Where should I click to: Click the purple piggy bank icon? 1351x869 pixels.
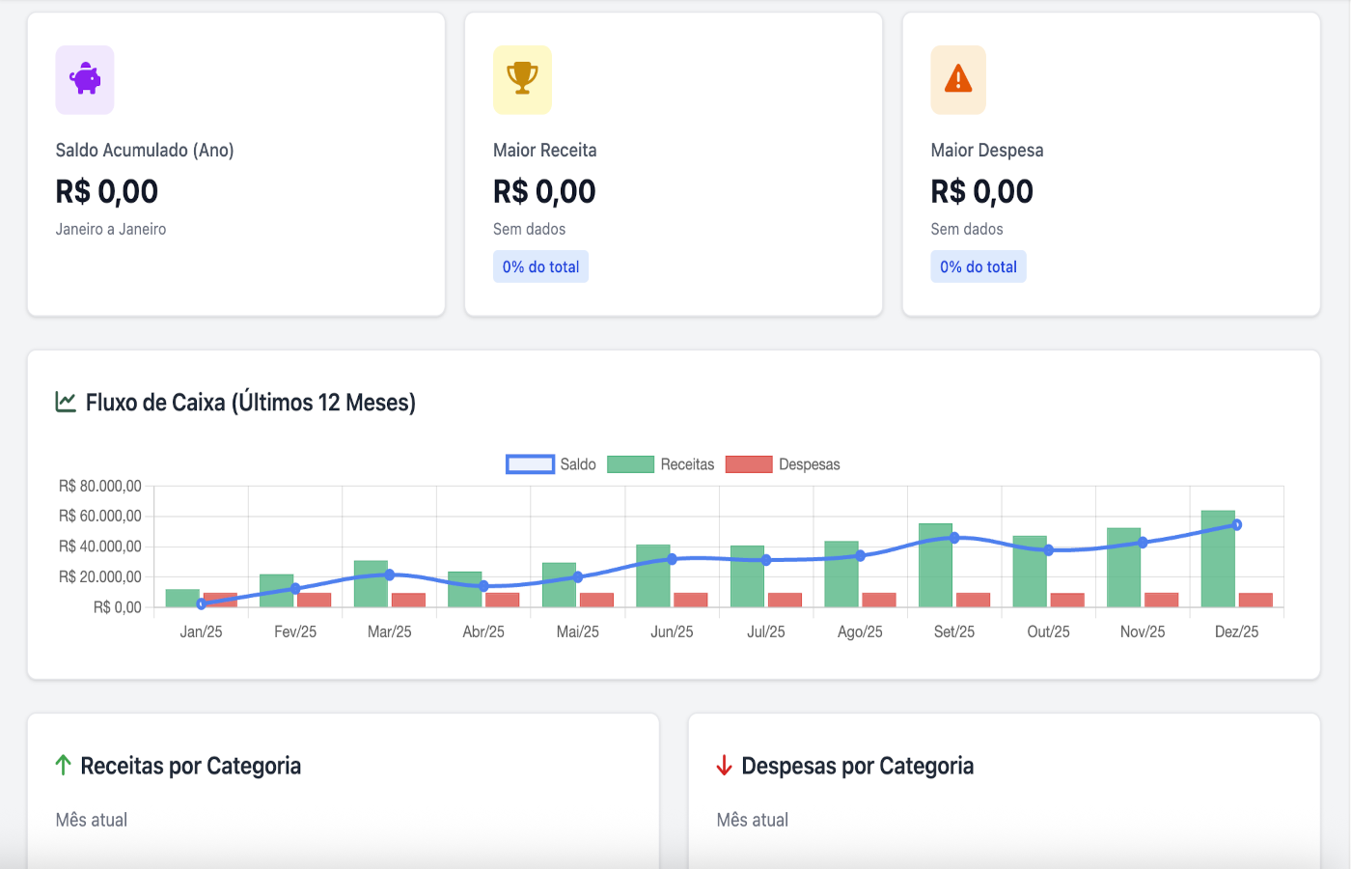[x=85, y=79]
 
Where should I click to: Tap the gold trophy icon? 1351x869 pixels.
[x=522, y=78]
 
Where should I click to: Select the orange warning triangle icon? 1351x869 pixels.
[x=958, y=78]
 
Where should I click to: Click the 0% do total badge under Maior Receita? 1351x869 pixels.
[x=540, y=266]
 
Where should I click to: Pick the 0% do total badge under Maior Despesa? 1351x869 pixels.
[x=979, y=266]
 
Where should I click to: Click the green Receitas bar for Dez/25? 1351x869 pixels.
[x=1218, y=560]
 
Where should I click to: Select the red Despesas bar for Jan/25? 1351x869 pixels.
[x=220, y=600]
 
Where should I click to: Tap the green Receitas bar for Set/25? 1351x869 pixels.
[x=935, y=566]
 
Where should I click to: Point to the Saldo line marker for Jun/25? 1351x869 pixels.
[x=673, y=559]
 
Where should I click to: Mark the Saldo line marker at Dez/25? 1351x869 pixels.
[x=1237, y=525]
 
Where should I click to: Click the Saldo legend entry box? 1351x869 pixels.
[x=530, y=464]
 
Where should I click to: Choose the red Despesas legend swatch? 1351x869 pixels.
[x=749, y=464]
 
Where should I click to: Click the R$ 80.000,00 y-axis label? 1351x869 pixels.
[x=100, y=486]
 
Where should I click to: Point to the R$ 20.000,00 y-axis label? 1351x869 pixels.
[x=100, y=576]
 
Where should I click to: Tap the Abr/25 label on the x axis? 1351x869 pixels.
[x=483, y=631]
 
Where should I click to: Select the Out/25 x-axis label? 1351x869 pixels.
[x=1048, y=631]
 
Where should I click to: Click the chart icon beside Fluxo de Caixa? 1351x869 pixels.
[x=66, y=402]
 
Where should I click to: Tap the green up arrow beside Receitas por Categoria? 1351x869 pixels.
[x=64, y=766]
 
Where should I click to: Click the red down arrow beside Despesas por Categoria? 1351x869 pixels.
[x=725, y=766]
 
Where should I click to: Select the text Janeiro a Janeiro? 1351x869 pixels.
[x=111, y=229]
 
